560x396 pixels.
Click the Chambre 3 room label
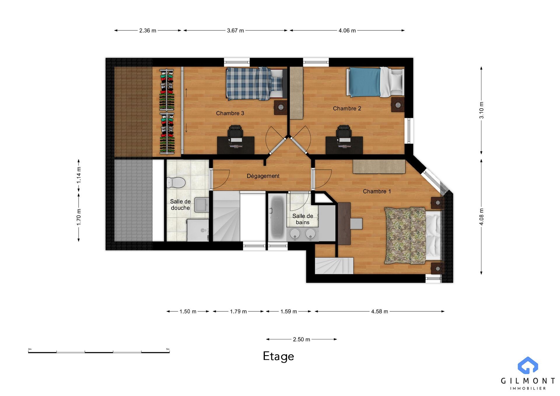[230, 113]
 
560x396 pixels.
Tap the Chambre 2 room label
[347, 108]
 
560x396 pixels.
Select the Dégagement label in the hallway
[263, 176]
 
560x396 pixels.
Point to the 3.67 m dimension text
[235, 31]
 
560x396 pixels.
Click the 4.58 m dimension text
[379, 311]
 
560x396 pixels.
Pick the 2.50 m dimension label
[302, 339]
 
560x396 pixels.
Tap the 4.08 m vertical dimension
[481, 217]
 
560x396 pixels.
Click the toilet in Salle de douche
[176, 183]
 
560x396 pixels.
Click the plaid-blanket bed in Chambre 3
[255, 84]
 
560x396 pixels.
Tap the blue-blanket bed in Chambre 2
[375, 82]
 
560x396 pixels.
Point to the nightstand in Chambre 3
[281, 108]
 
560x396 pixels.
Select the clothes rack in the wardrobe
[167, 111]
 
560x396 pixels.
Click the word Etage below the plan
[279, 357]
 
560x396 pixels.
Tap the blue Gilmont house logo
[528, 365]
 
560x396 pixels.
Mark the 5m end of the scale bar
[169, 352]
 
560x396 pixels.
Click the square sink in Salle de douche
[202, 204]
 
